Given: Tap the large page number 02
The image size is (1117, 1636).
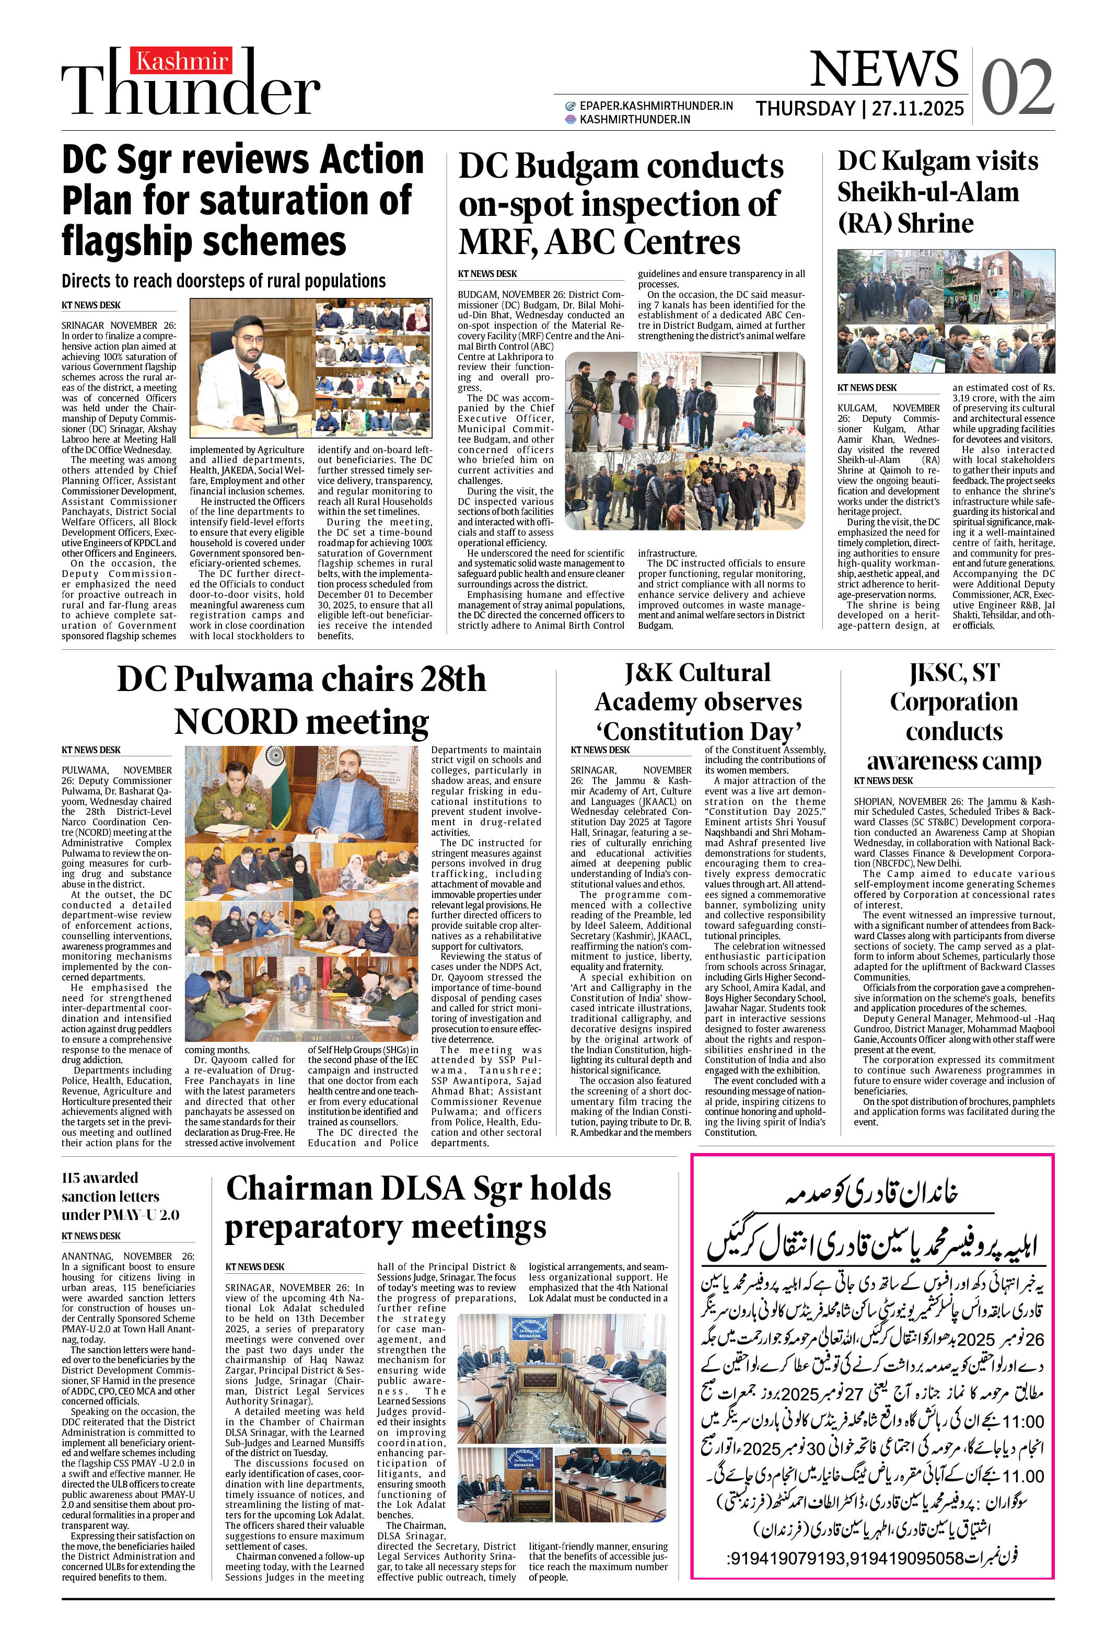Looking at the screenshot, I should [x=1017, y=87].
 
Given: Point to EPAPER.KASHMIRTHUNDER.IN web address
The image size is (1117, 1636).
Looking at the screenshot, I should [x=656, y=106].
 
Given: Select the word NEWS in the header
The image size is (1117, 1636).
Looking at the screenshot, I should [x=884, y=69].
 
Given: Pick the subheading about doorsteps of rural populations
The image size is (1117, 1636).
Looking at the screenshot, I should [x=223, y=281].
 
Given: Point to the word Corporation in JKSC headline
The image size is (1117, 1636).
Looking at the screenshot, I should [x=953, y=702].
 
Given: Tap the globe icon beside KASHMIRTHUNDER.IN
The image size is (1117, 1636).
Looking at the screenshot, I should [x=571, y=120].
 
